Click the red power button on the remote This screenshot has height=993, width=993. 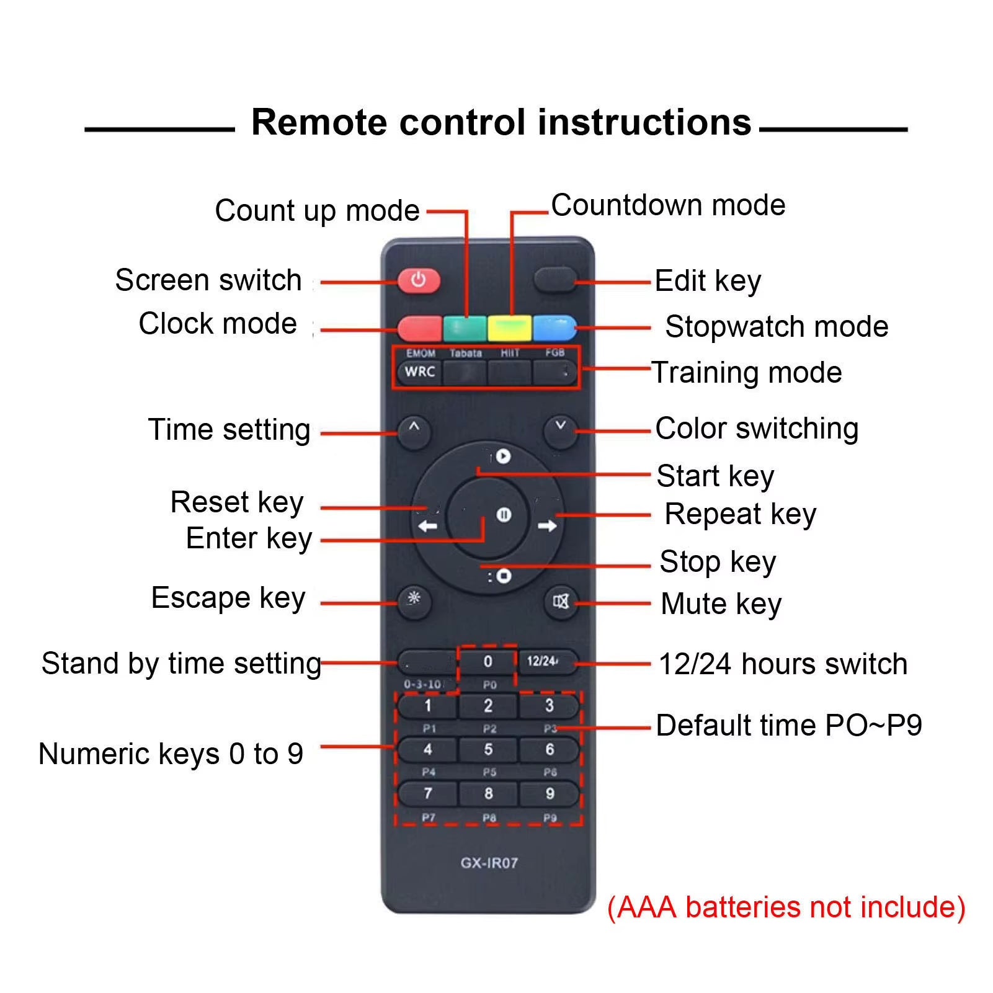click(419, 280)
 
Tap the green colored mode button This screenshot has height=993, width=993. click(465, 327)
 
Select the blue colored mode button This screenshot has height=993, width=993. click(554, 327)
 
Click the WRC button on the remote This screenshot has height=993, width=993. click(420, 372)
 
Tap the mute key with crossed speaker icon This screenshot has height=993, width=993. click(561, 601)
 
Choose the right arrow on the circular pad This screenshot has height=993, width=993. click(547, 526)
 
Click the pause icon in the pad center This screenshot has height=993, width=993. click(504, 515)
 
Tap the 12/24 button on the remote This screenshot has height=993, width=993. click(543, 661)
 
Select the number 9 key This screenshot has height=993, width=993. click(550, 793)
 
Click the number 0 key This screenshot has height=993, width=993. click(488, 662)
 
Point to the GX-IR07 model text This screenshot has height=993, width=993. click(489, 863)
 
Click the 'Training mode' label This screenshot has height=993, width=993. click(747, 373)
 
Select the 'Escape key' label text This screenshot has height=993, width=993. click(228, 599)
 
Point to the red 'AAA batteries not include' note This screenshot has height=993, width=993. click(786, 907)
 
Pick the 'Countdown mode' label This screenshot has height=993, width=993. click(668, 205)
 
